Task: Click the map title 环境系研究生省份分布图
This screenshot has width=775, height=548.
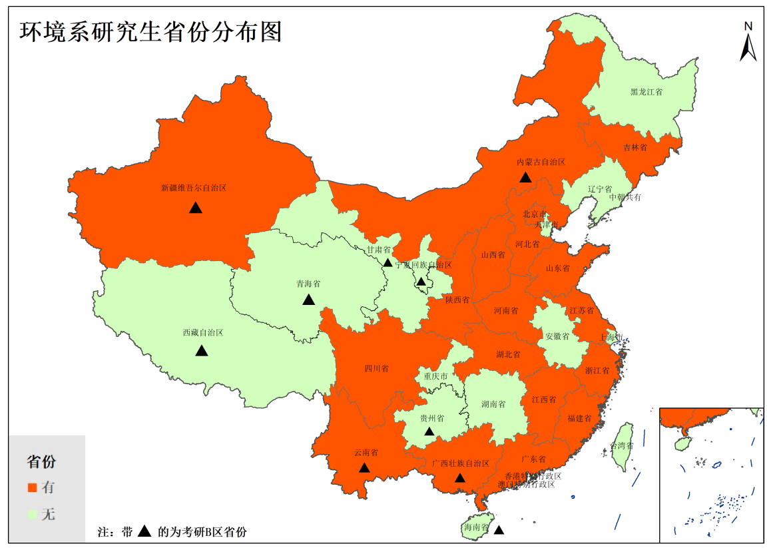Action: tap(150, 31)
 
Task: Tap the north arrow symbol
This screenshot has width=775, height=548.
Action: tap(748, 43)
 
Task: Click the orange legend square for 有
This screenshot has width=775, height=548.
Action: tap(31, 487)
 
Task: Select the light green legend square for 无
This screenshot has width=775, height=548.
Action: tap(31, 514)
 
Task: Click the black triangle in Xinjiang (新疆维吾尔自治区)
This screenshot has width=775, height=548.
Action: tap(195, 208)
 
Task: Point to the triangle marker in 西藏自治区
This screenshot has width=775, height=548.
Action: tap(202, 351)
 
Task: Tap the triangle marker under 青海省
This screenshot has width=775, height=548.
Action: tap(308, 300)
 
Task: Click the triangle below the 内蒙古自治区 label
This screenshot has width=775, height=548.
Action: tap(525, 177)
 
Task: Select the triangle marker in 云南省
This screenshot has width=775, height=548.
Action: tap(364, 468)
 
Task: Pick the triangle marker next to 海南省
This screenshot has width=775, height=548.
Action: tap(499, 531)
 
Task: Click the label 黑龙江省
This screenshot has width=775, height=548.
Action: tap(646, 92)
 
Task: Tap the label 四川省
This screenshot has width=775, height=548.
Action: tap(376, 368)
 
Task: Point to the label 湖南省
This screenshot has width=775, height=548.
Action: tap(493, 404)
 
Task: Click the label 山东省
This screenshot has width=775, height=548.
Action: tap(557, 268)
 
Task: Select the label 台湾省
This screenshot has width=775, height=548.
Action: tap(622, 446)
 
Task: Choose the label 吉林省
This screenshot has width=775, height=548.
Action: tap(635, 147)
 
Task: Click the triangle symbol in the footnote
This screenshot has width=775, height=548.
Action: tap(144, 532)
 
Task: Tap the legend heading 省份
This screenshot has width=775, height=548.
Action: tap(41, 461)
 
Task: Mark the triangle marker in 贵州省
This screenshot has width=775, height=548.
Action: tap(429, 432)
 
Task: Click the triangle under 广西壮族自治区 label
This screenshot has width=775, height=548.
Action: tap(459, 478)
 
